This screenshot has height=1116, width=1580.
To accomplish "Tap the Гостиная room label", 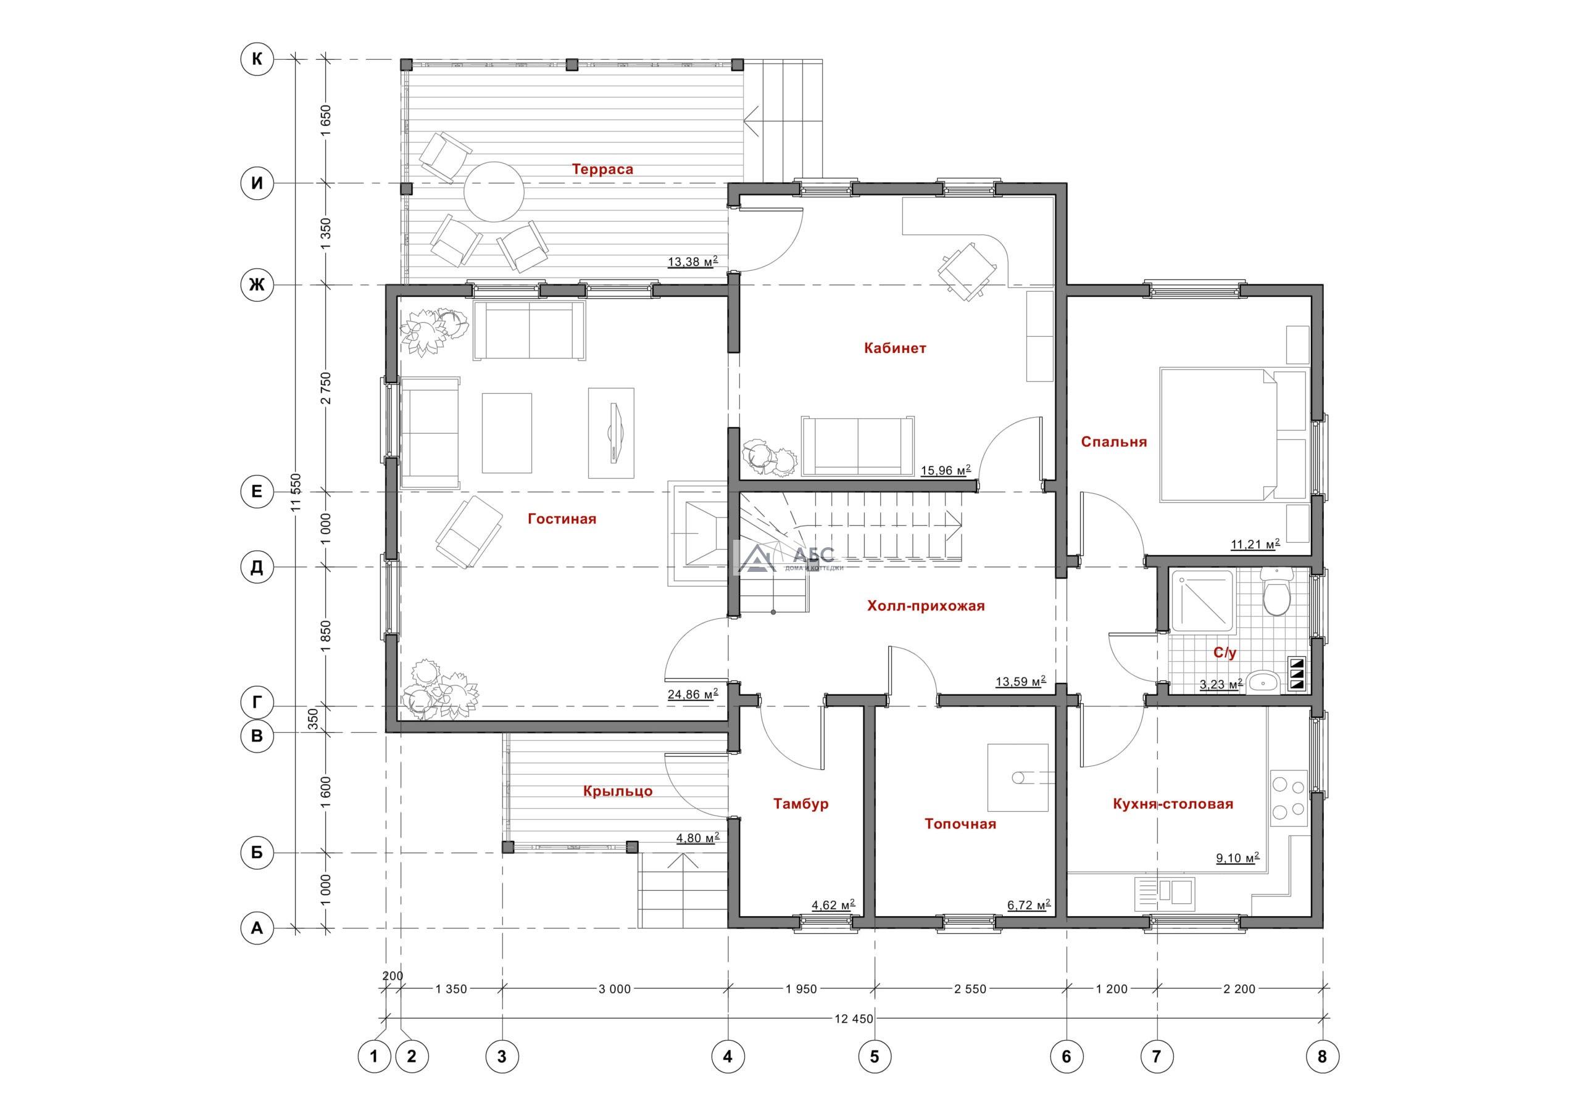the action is point(562,519).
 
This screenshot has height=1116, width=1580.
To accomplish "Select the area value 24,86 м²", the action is point(693,693).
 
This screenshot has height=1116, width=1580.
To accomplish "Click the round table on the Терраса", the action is point(493,191).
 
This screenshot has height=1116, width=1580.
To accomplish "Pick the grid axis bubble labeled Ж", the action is point(257,284).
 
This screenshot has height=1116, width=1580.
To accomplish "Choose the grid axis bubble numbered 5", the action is point(875,1056).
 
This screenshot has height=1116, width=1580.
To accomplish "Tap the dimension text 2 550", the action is point(970,990).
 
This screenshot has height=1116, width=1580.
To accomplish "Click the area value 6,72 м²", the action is point(1029,905).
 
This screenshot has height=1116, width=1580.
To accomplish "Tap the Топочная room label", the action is point(960,824).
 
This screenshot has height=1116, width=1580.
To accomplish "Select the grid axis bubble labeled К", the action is point(257,60).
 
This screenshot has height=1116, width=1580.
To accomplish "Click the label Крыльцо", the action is point(617,792).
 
